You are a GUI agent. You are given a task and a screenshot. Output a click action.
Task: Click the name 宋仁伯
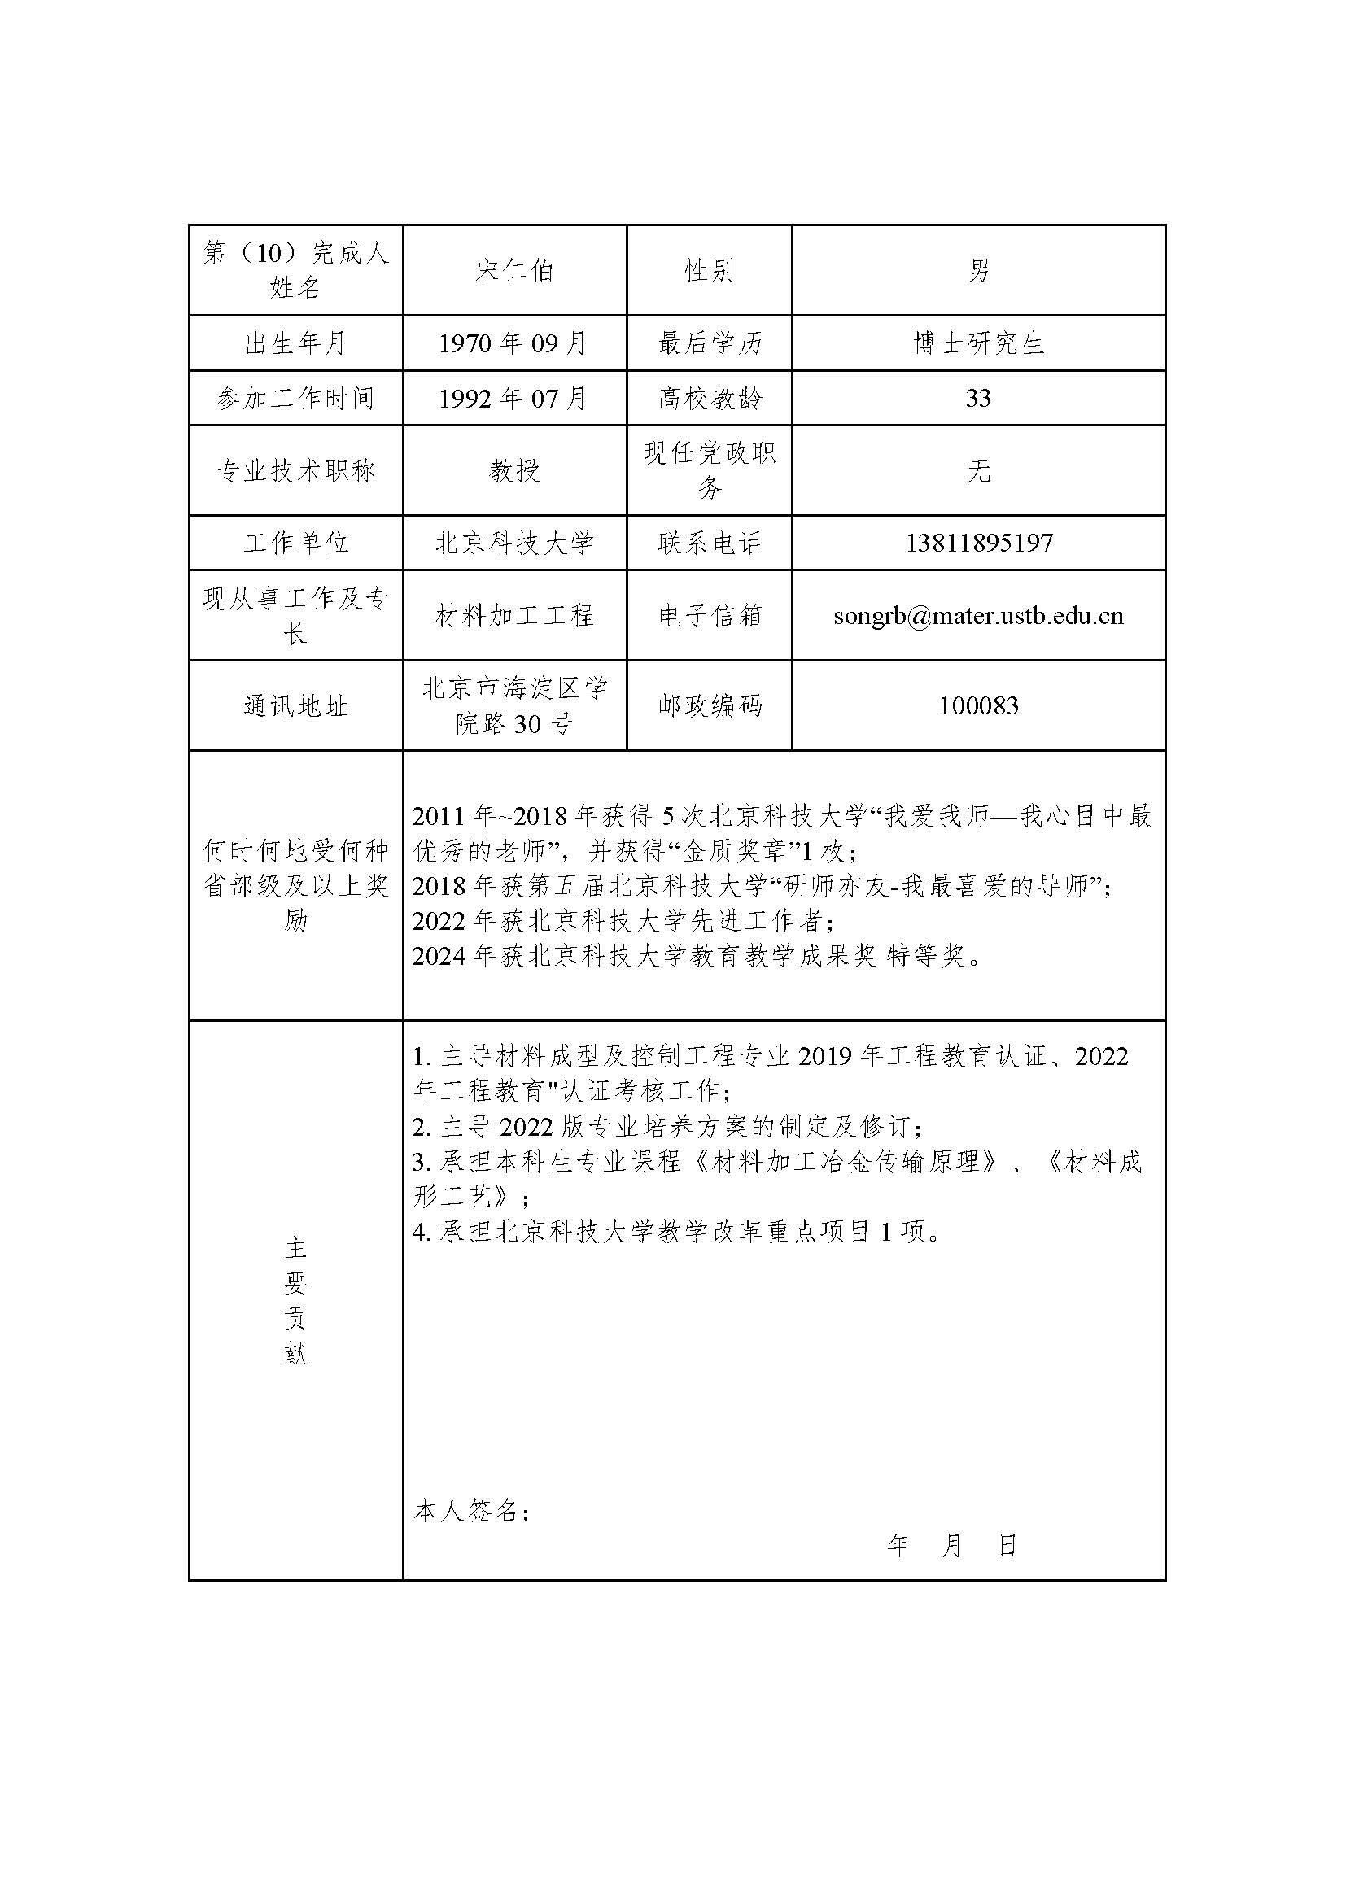pos(513,271)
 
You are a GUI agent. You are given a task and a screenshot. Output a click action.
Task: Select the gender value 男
pos(978,271)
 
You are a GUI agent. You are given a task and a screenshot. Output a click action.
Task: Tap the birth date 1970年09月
pos(513,343)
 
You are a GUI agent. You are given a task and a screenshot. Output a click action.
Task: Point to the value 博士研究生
pos(978,343)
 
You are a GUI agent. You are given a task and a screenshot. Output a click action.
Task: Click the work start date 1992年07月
pos(513,399)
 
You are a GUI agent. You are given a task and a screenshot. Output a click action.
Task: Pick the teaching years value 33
pos(978,399)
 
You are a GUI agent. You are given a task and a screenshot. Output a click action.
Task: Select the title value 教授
pos(513,471)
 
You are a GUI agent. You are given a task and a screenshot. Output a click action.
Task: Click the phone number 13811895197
pos(978,543)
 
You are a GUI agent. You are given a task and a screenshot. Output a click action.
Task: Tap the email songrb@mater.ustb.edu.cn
pos(978,616)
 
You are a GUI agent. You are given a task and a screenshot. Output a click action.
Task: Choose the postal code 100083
pos(978,706)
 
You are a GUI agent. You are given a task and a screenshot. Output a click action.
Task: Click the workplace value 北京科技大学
pos(513,543)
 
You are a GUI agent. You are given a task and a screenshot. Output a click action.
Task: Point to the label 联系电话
pos(710,543)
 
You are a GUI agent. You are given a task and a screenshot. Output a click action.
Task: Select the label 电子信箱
pos(710,616)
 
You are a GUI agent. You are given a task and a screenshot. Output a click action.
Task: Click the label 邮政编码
pos(710,706)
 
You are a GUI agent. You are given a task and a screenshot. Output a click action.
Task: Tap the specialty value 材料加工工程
pos(513,616)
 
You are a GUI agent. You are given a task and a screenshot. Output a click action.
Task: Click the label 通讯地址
pos(296,706)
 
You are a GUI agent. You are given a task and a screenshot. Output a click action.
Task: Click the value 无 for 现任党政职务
pos(978,471)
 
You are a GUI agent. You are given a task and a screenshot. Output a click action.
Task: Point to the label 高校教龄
pos(710,399)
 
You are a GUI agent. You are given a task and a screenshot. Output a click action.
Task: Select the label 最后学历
pos(710,343)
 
